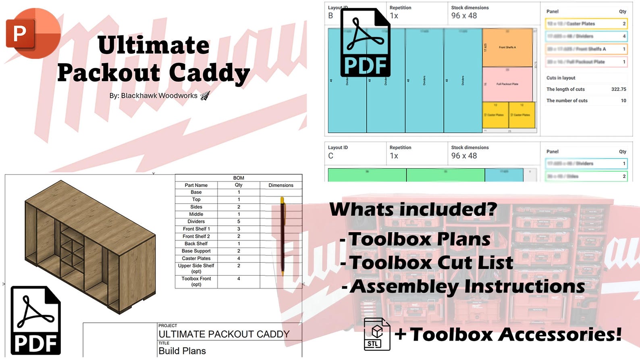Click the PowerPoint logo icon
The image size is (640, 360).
click(x=33, y=33)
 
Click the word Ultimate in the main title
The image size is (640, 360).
click(x=154, y=45)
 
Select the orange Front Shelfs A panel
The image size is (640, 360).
click(x=507, y=48)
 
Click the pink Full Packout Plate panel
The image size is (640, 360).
click(x=507, y=84)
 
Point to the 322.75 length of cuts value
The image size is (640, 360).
click(x=618, y=89)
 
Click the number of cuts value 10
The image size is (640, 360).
click(x=623, y=100)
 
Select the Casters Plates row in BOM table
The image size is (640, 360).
click(x=196, y=258)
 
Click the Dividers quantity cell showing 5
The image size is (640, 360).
click(x=239, y=221)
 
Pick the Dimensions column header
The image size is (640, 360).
click(x=281, y=185)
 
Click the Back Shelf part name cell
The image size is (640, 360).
click(x=196, y=243)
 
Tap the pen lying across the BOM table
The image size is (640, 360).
click(x=283, y=236)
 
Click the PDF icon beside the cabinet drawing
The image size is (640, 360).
click(x=35, y=320)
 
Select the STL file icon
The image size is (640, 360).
click(x=376, y=334)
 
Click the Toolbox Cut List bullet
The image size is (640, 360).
click(x=430, y=263)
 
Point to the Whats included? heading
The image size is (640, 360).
click(x=413, y=210)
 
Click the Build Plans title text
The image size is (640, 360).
click(x=182, y=351)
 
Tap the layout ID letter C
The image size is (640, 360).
click(x=330, y=156)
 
